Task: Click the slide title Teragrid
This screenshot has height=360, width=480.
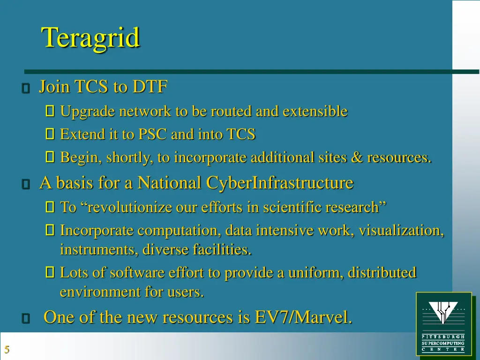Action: pos(90,37)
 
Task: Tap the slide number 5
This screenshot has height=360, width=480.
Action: pos(7,349)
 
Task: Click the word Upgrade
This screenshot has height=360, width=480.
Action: pos(87,112)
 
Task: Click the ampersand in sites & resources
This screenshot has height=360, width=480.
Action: pos(357,158)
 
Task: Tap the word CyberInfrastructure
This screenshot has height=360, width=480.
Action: pos(279,183)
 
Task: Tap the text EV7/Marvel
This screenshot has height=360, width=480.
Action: pos(303,317)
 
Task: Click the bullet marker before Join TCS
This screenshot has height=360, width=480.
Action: pos(26,88)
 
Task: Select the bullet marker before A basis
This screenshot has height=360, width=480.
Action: pos(26,184)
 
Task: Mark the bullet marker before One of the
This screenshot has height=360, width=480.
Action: pos(26,319)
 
